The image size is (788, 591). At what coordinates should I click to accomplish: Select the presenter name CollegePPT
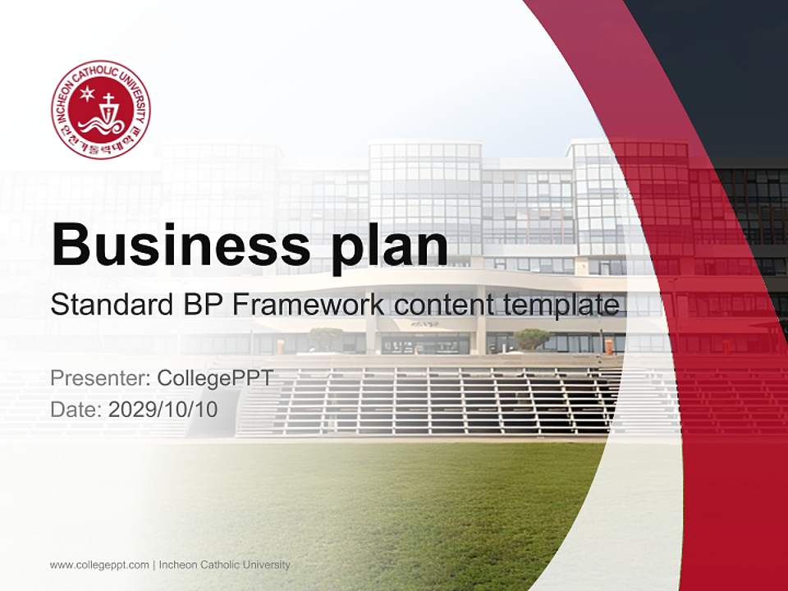[214, 378]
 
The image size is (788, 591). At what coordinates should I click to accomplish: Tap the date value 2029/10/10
[163, 409]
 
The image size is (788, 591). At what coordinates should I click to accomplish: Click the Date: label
[76, 409]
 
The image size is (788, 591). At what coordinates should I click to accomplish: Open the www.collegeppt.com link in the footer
[99, 565]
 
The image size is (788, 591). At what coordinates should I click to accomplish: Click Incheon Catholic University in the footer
[224, 565]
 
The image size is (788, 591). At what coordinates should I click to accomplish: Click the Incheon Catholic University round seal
[100, 110]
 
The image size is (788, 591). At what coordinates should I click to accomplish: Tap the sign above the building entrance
[425, 324]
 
